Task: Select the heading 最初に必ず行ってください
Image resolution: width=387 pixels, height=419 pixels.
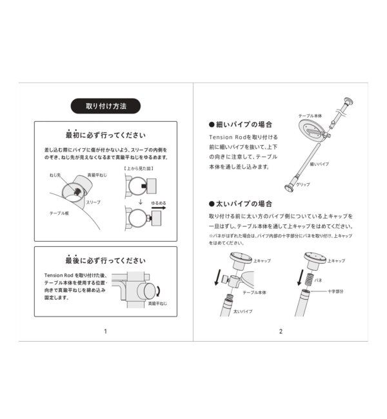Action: [x=105, y=136]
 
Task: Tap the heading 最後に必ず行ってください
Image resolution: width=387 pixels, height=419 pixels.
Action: [x=105, y=261]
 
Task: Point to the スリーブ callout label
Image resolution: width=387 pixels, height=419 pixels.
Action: [x=94, y=202]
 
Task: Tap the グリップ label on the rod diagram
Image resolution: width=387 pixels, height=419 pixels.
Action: [x=303, y=185]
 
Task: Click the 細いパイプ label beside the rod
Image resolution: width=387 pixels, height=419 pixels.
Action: [x=338, y=164]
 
